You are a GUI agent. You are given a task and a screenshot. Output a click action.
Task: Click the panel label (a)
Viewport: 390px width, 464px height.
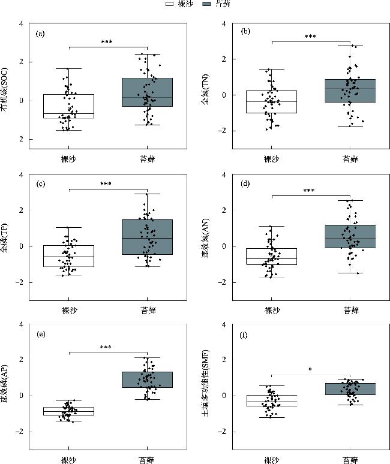[x=40, y=34]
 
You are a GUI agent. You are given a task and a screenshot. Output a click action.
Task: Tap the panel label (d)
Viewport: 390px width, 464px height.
[x=245, y=185]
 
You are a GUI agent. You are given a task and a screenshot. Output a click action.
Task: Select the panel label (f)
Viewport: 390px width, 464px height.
[x=245, y=335]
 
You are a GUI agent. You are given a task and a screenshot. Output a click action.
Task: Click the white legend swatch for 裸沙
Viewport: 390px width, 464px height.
[x=170, y=4]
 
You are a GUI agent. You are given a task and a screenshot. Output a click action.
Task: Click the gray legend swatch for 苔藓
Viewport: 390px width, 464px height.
[x=208, y=4]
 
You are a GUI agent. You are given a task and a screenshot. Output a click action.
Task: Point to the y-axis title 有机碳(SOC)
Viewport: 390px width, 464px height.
[x=8, y=82]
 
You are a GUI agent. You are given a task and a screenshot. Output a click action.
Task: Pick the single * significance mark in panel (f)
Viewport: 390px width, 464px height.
[x=310, y=370]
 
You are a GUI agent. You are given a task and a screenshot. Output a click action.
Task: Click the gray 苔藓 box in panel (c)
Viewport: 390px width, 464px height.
[x=147, y=237]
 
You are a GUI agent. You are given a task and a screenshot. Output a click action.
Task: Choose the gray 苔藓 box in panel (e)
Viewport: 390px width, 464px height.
[x=147, y=379]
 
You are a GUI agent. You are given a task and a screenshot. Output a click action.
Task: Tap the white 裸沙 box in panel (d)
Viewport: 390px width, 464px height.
[x=272, y=256]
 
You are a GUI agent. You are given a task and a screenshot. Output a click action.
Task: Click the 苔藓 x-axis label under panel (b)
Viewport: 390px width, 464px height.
[x=350, y=159]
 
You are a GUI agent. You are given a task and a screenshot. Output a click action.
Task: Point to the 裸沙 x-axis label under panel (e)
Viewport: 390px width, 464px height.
[x=68, y=460]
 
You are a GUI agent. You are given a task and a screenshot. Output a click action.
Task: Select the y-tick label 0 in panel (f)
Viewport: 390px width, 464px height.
[x=224, y=396]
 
